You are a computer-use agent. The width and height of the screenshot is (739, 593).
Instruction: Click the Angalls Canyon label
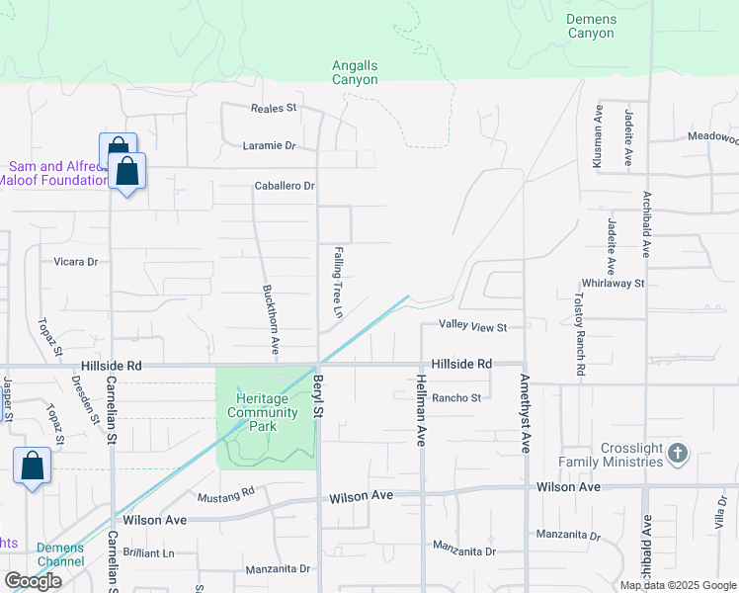tap(355, 72)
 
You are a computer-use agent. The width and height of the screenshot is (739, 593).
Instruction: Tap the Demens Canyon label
tap(591, 26)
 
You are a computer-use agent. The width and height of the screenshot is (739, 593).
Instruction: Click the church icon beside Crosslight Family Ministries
tap(677, 454)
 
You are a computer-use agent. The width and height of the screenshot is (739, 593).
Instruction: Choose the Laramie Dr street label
tap(269, 146)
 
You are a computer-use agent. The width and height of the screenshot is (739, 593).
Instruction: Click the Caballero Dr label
tap(285, 186)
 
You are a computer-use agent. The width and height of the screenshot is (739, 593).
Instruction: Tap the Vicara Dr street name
tap(76, 262)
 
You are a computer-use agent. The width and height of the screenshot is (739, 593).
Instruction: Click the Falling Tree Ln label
tap(337, 282)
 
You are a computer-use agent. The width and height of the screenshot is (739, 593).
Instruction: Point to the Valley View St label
tap(473, 327)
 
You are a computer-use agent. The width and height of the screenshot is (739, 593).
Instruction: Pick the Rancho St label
tap(456, 398)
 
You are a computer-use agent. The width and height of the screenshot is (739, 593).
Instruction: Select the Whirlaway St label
tap(613, 283)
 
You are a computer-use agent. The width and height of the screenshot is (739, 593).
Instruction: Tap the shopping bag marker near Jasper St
tap(32, 467)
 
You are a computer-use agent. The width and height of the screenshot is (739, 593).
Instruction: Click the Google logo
tap(33, 581)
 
